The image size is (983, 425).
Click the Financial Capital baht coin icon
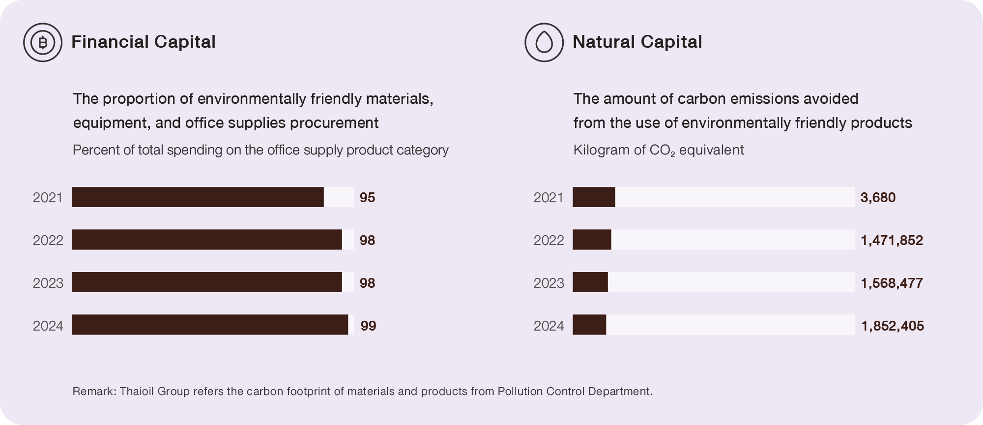coord(43,42)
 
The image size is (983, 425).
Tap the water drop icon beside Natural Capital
coord(544,42)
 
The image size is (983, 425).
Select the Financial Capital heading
coord(143,42)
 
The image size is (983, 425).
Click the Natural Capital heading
coord(637,42)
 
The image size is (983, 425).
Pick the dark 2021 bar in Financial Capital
coord(198,197)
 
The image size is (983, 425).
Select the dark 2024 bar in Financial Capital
coord(210,325)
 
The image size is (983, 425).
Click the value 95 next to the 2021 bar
coord(367,198)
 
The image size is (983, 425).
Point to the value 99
coord(368,326)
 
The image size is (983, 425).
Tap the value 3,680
coord(878,198)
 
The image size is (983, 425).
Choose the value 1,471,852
coord(892,240)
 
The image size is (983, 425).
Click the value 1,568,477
coord(892,283)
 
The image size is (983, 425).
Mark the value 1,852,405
coord(893,326)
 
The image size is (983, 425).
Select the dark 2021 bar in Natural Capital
coord(594,197)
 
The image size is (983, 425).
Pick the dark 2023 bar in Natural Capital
coord(590,282)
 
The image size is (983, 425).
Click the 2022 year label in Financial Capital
coord(48,240)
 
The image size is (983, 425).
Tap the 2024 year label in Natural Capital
coord(549,326)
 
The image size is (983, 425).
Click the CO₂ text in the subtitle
coord(662,150)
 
